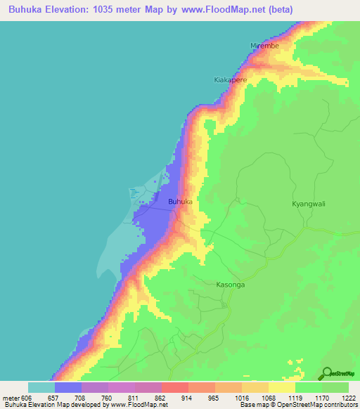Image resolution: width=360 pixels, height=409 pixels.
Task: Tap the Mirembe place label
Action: pyautogui.click(x=265, y=46)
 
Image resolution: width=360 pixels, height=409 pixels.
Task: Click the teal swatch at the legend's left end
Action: pyautogui.click(x=41, y=387)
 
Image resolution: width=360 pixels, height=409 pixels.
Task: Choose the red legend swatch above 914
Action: pyautogui.click(x=174, y=387)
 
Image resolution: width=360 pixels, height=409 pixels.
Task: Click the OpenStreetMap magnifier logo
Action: pyautogui.click(x=327, y=373)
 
